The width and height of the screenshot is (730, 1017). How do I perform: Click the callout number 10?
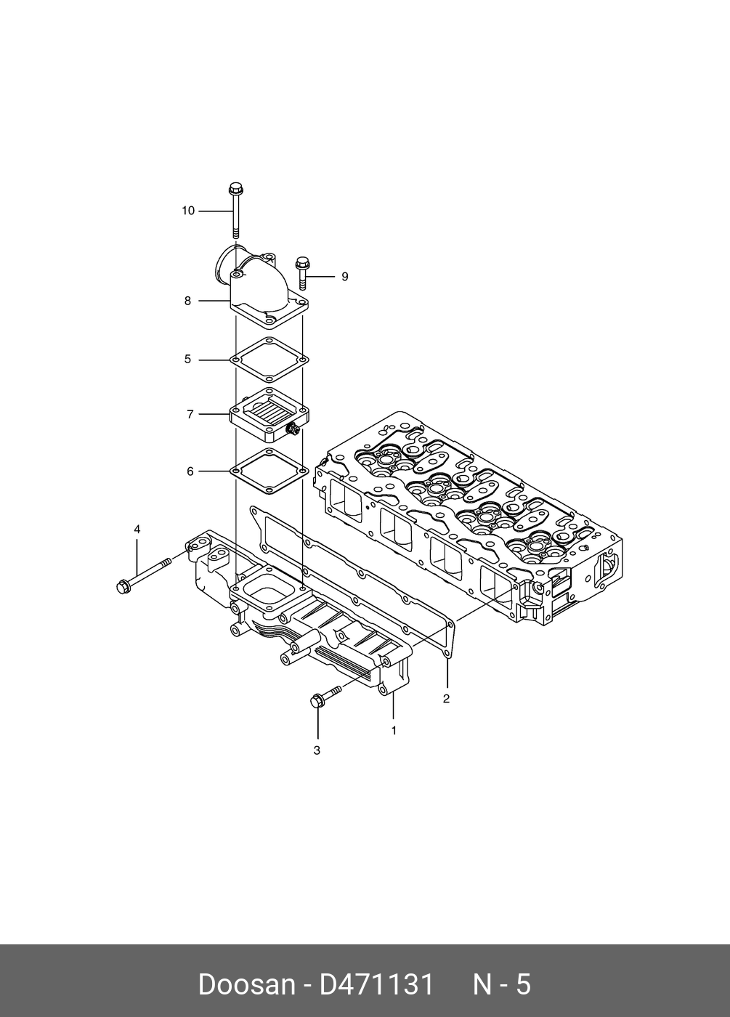click(188, 211)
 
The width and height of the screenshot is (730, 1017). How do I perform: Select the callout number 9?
click(345, 277)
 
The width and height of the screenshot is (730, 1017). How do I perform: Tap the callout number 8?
click(187, 300)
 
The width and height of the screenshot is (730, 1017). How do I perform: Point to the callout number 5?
click(187, 359)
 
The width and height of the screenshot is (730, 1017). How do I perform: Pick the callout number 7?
click(190, 414)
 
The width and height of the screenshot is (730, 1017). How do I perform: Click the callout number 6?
click(190, 471)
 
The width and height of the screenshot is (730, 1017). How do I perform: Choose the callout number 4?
click(137, 530)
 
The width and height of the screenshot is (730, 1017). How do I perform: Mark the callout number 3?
click(317, 750)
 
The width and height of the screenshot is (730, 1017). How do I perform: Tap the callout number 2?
click(446, 699)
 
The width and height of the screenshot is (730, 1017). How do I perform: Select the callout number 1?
click(394, 730)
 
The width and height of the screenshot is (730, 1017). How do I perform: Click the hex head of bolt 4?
click(123, 586)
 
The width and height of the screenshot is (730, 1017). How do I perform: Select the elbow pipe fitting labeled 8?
click(261, 291)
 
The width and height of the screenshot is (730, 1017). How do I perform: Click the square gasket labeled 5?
click(269, 359)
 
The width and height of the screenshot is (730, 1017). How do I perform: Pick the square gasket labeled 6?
click(269, 471)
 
